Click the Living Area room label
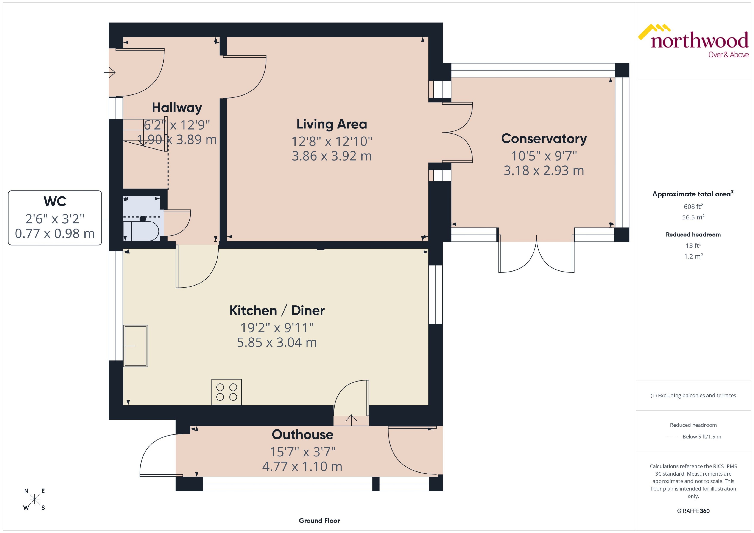pos(332,124)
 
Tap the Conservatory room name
pos(544,139)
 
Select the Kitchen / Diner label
pos(277,311)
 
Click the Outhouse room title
pos(302,434)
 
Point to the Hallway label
pos(177,108)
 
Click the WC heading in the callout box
pos(55,201)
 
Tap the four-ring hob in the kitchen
pos(226,392)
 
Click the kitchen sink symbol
pos(135,346)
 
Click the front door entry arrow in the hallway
pos(110,72)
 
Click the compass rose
pos(34,499)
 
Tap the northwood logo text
pos(699,41)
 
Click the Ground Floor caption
pos(319,521)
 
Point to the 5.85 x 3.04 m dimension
pos(277,342)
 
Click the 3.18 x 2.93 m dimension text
pos(544,170)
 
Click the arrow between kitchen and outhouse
pos(351,420)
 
